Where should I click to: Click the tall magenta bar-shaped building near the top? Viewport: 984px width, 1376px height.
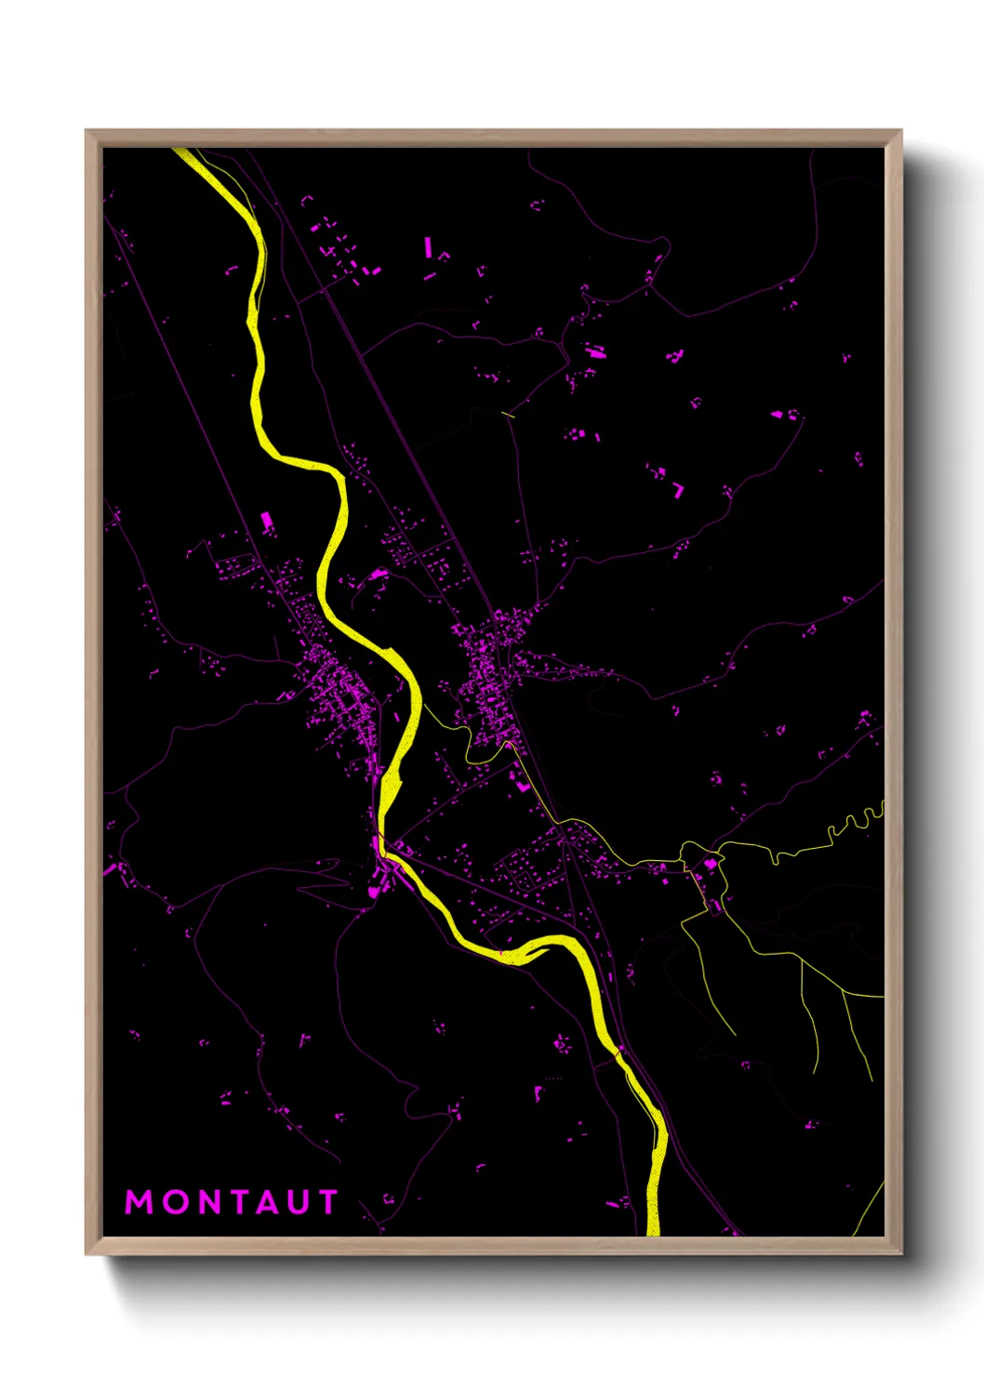pos(428,246)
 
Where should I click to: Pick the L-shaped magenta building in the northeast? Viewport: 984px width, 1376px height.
pos(678,489)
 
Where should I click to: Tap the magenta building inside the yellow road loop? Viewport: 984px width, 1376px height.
pos(711,864)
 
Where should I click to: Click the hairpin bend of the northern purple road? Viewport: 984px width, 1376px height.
pos(664,247)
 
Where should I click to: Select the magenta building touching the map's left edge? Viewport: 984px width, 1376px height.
pos(109,871)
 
